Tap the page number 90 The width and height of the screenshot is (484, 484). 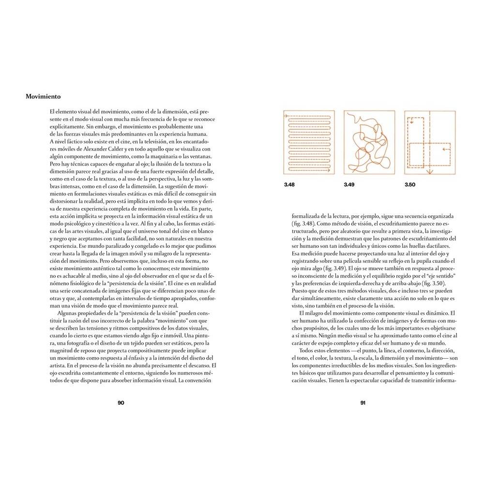click(x=121, y=403)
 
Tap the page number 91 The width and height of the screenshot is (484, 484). click(x=362, y=403)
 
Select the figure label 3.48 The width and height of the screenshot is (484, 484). click(x=289, y=185)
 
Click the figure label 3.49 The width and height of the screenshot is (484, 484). click(x=349, y=185)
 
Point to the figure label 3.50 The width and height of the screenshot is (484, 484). click(x=410, y=185)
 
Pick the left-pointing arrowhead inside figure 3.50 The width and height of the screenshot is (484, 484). click(x=443, y=150)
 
